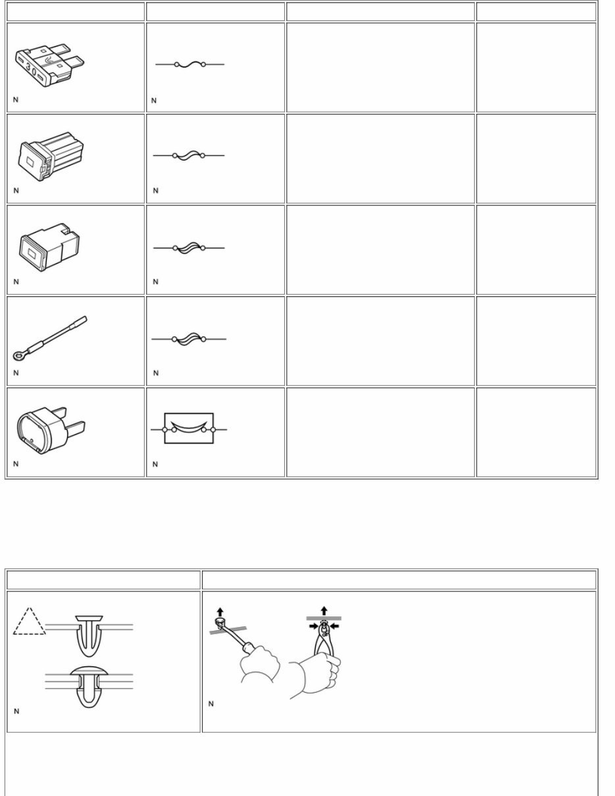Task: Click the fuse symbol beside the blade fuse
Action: pos(189,64)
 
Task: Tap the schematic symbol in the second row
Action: pos(189,155)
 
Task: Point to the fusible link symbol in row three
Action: pos(189,248)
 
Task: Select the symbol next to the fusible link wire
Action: pos(189,339)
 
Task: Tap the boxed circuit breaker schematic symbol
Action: pos(189,429)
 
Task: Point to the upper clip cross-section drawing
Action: pos(89,635)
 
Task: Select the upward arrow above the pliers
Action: pos(324,610)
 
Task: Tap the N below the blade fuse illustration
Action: pos(15,101)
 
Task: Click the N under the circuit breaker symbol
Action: pos(155,464)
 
